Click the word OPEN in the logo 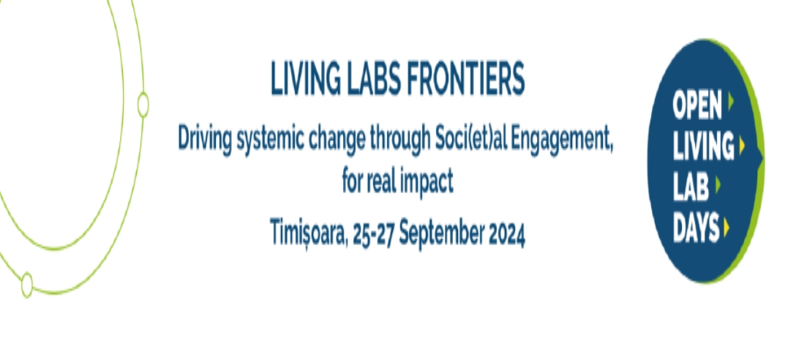[x=697, y=107]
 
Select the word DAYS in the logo [x=696, y=228]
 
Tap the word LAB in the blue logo [x=691, y=188]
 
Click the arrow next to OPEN [x=730, y=102]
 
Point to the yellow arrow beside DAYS [x=726, y=227]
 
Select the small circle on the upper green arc [x=143, y=105]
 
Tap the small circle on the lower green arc [x=27, y=285]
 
